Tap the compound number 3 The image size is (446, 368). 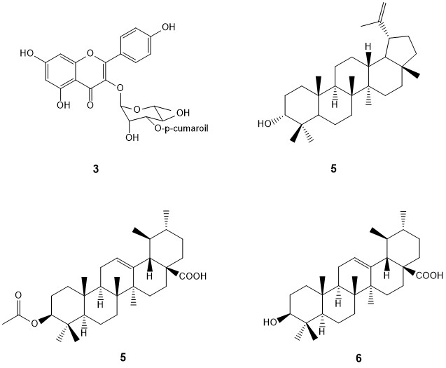(x=89, y=169)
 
